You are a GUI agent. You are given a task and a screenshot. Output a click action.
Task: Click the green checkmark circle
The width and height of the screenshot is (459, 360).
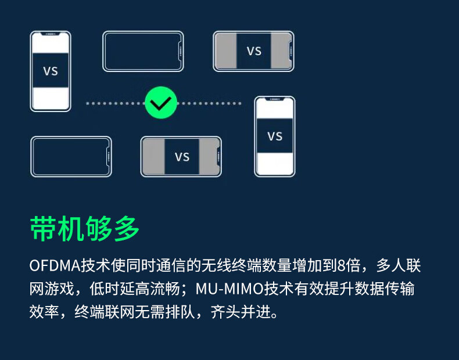(161, 103)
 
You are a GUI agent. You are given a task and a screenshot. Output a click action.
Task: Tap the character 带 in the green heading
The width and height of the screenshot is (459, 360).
(43, 229)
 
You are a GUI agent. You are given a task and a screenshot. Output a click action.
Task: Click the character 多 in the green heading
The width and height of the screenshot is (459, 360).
(127, 229)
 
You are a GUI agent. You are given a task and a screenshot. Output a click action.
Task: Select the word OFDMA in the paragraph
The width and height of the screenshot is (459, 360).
(55, 266)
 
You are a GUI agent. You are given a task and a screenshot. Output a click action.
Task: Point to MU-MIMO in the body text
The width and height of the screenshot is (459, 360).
(229, 289)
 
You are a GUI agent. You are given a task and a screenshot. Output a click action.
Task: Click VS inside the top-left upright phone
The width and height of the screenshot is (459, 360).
(51, 71)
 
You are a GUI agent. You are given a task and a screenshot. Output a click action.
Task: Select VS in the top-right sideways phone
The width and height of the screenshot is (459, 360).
(254, 51)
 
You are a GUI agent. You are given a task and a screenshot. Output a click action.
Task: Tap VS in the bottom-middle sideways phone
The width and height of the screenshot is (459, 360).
(182, 157)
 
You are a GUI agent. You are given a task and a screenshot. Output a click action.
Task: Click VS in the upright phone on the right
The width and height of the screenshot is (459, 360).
(275, 136)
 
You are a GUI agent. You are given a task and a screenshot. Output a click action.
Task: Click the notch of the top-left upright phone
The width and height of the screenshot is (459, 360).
(51, 34)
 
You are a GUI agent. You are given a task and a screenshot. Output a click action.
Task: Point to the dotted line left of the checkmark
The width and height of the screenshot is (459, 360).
(115, 103)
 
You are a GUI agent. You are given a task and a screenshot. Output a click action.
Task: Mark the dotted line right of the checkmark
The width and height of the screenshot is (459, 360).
(210, 103)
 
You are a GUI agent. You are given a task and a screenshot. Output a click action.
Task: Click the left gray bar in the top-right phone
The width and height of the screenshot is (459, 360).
(226, 51)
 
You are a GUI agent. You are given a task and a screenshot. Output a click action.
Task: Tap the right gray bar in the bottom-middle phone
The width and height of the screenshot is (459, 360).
(209, 157)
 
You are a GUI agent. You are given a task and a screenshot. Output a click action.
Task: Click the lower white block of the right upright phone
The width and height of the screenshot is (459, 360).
(275, 163)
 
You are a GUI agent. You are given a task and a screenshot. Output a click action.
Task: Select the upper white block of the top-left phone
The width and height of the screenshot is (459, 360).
(51, 44)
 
